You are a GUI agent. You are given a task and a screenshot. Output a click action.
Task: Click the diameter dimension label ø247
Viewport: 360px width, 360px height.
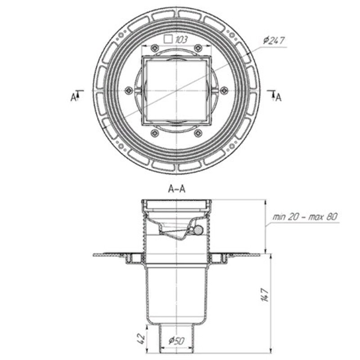pyautogui.click(x=274, y=40)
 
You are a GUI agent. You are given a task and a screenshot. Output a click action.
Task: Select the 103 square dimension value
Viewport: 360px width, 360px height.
pyautogui.click(x=181, y=40)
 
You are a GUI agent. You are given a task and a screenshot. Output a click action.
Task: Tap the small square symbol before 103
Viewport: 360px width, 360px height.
pyautogui.click(x=168, y=39)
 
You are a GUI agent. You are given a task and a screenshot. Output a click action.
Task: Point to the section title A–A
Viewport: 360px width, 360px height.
pyautogui.click(x=176, y=189)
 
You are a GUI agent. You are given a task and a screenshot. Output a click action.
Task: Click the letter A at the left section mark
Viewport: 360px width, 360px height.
pyautogui.click(x=73, y=98)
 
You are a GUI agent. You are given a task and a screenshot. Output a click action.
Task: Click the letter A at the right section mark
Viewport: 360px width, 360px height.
pyautogui.click(x=278, y=98)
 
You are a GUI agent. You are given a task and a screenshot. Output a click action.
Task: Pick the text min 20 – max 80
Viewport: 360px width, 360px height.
pyautogui.click(x=305, y=216)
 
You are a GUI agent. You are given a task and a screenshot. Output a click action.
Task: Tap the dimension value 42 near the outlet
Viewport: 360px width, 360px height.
pyautogui.click(x=142, y=337)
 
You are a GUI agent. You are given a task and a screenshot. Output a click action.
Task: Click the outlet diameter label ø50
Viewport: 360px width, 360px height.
pyautogui.click(x=176, y=341)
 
